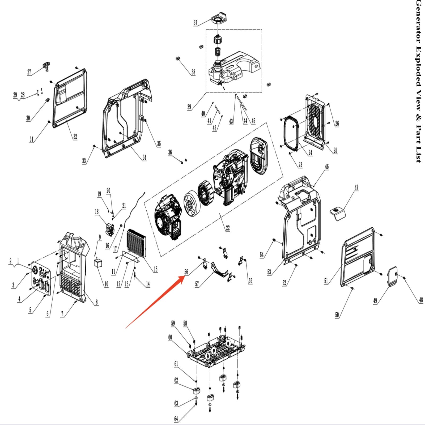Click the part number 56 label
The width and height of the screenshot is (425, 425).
[186, 272]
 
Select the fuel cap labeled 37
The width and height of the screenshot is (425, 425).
[219, 18]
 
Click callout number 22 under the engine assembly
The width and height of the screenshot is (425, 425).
[228, 228]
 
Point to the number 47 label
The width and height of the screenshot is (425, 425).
[356, 187]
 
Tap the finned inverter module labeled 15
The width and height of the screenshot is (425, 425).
[137, 243]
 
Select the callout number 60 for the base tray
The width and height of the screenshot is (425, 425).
[170, 337]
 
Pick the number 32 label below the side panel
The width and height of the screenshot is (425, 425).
[75, 137]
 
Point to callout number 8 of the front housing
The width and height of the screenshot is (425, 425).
[97, 302]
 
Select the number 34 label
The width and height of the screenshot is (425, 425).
[144, 157]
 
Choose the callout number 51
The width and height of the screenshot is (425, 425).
[326, 281]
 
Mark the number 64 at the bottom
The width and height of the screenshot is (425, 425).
[176, 419]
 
